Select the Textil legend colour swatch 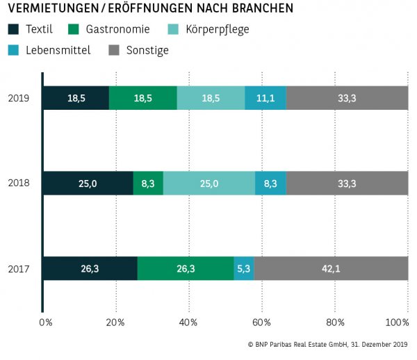pos(14,29)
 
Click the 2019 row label pos(18,98)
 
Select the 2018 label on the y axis pos(18,183)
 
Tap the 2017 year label pos(18,269)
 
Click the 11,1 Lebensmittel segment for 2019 pos(265,98)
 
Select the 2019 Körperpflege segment pos(211,98)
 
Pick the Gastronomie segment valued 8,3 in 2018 pos(148,183)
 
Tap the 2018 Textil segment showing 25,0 pos(88,183)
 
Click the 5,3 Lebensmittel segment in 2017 pos(244,269)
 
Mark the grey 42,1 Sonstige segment pos(331,269)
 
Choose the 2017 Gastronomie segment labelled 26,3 pos(186,269)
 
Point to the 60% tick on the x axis pos(261,322)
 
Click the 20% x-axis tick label pos(115,322)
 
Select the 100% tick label pos(398,322)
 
